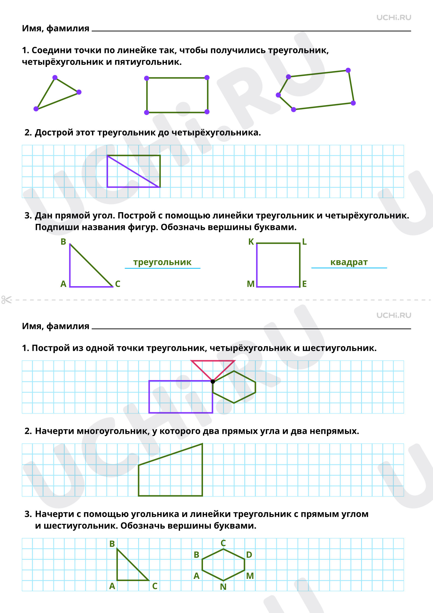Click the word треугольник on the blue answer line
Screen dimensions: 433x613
162,262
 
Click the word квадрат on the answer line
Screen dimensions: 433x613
349,262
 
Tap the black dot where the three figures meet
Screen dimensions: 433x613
213,381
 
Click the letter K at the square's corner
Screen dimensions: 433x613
251,242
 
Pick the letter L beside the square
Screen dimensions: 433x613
304,242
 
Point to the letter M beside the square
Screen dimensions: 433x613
250,284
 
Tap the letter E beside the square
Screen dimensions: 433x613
304,284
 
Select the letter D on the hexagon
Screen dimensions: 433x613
249,555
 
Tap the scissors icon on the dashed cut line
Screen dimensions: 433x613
7,300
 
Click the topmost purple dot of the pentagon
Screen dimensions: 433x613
348,70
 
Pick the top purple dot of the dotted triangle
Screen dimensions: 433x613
55,78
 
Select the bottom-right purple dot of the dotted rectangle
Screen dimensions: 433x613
207,112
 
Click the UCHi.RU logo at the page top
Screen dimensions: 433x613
394,17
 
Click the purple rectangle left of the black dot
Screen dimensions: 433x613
149,397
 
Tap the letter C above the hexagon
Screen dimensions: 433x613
223,543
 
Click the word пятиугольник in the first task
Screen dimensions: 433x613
148,62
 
